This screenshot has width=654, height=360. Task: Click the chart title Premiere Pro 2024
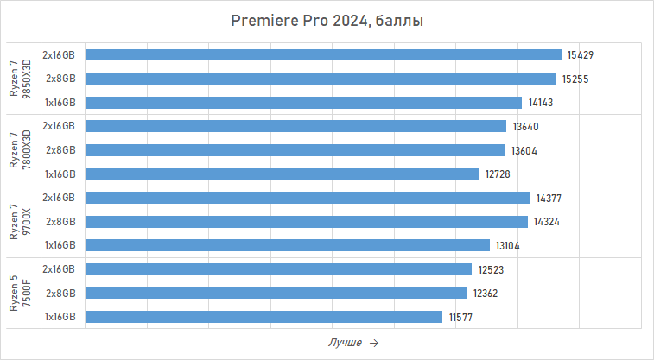(327, 20)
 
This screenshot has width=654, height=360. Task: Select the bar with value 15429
(324, 55)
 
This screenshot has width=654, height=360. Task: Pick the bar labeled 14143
(304, 103)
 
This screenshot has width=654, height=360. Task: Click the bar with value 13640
(296, 126)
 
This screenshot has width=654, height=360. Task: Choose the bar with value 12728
(283, 174)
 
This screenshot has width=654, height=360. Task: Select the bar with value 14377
(308, 198)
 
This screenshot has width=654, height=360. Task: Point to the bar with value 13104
(288, 245)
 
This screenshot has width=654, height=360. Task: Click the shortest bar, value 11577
(264, 317)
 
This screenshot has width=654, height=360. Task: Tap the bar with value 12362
(276, 294)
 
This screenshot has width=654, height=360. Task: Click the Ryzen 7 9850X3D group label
(19, 79)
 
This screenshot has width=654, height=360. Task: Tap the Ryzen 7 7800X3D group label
(19, 150)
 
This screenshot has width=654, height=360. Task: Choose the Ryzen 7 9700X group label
(19, 222)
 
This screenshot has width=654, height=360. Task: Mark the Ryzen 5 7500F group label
(19, 294)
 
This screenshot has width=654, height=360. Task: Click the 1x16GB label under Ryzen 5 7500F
(60, 317)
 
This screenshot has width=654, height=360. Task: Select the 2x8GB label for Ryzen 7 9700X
(61, 222)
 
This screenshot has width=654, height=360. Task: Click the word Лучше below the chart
(345, 343)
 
